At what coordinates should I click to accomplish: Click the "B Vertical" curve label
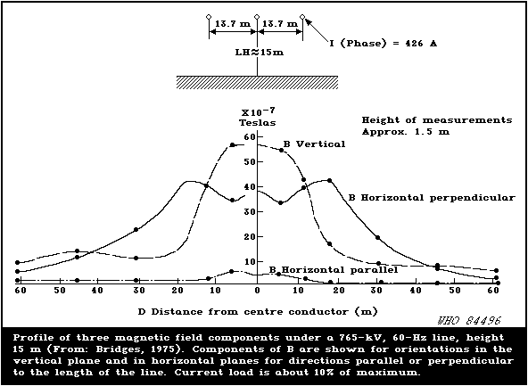coord(314,144)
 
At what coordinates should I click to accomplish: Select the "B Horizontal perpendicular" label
coord(432,198)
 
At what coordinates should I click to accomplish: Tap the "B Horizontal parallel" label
coord(334,269)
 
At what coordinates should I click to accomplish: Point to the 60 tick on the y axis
coord(251,136)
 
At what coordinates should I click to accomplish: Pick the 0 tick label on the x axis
coord(257,291)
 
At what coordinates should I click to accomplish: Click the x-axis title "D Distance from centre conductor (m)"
coord(258,312)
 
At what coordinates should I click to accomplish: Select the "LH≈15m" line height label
coord(260,53)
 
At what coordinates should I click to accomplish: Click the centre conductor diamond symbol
coord(257,16)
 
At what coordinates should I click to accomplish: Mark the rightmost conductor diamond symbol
coord(302,16)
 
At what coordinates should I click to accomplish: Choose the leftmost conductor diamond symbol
coord(209,16)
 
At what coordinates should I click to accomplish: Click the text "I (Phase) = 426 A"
coord(384,44)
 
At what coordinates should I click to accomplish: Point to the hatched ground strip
coord(257,82)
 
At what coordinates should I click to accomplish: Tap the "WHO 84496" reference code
coord(468,320)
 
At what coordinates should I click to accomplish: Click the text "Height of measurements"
coord(437,120)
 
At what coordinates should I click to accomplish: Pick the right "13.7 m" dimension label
coord(279,24)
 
